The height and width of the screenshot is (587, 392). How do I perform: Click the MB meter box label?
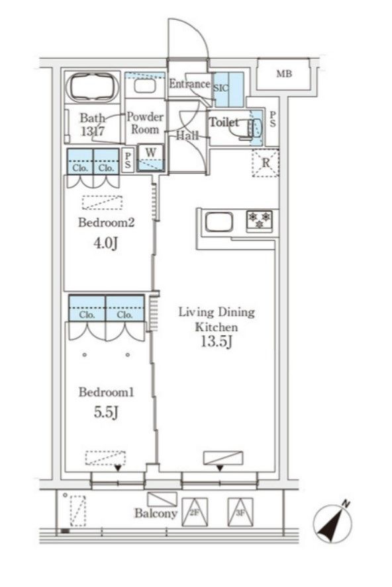[284, 74]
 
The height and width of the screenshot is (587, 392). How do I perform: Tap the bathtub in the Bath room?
[92, 87]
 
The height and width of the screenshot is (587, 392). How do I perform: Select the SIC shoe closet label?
[220, 89]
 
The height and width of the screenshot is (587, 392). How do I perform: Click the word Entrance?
[189, 83]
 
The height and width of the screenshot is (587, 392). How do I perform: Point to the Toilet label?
[224, 122]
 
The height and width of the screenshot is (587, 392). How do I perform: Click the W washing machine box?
[150, 157]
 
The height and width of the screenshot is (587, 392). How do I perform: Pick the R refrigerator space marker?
[266, 163]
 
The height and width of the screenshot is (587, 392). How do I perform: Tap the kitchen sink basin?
[219, 222]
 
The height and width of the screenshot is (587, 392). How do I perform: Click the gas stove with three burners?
[260, 221]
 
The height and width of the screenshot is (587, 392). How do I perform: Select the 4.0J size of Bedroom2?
[106, 243]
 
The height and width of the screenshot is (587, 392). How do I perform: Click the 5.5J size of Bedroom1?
[106, 412]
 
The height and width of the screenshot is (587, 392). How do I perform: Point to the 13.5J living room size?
[217, 341]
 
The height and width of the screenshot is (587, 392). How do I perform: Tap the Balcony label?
[156, 513]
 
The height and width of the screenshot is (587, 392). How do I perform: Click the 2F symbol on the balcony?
[194, 512]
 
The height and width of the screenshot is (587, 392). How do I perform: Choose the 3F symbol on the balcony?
[240, 512]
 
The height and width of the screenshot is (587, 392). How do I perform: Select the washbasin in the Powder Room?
[144, 86]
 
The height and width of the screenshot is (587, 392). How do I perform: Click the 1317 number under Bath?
[92, 131]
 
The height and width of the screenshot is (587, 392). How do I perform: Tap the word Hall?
[187, 135]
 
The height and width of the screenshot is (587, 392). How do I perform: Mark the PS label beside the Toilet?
[273, 119]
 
